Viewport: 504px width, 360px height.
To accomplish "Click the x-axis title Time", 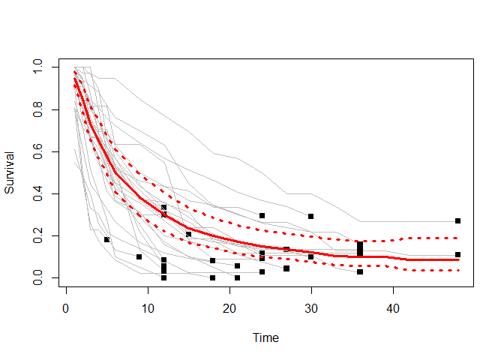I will (266, 338).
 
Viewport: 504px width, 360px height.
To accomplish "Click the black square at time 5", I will (106, 240).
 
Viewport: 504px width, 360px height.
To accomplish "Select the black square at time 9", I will (139, 256).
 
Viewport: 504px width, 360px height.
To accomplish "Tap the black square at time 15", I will (188, 235).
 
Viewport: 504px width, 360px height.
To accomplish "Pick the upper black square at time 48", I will (457, 221).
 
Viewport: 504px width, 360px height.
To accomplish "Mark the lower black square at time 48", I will (457, 254).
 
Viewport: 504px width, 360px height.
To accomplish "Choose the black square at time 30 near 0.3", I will (310, 217).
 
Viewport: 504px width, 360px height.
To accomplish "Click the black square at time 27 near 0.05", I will (286, 268).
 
